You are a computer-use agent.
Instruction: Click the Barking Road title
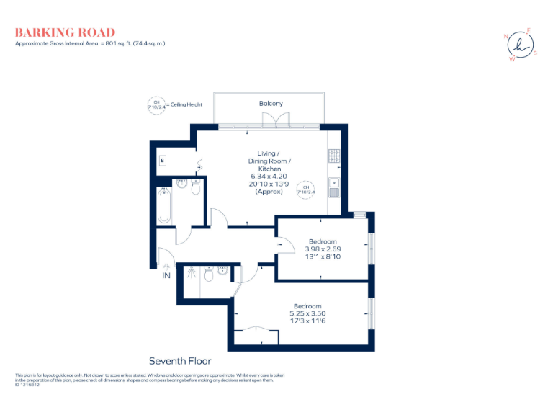coord(65,32)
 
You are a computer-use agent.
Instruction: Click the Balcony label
coord(271,104)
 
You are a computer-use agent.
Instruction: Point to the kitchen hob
coord(334,154)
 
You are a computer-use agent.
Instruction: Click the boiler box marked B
coord(163,160)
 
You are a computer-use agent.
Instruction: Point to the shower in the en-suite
coord(191,273)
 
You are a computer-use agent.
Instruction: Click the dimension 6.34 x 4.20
coord(269,176)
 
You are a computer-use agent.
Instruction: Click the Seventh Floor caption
coord(180,361)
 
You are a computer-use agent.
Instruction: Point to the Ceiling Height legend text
coord(185,104)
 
